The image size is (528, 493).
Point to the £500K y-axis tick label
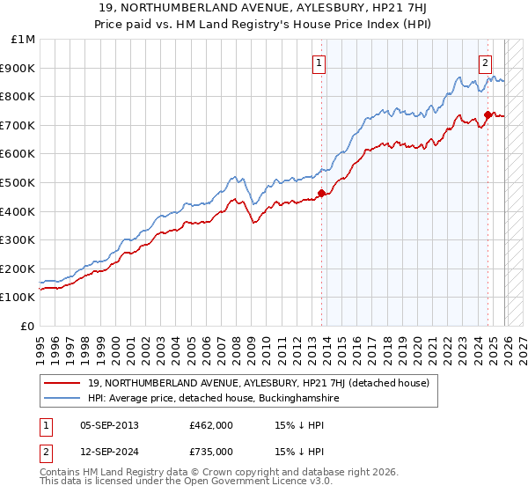[19, 182]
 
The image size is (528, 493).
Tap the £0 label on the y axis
[28, 326]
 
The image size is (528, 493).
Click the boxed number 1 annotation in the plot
[318, 63]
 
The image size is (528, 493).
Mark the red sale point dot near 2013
[321, 194]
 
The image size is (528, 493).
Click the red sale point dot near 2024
[488, 114]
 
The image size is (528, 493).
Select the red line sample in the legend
[62, 384]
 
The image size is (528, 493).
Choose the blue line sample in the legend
[62, 399]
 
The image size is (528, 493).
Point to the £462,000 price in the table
[210, 425]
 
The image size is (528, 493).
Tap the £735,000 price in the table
[210, 453]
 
